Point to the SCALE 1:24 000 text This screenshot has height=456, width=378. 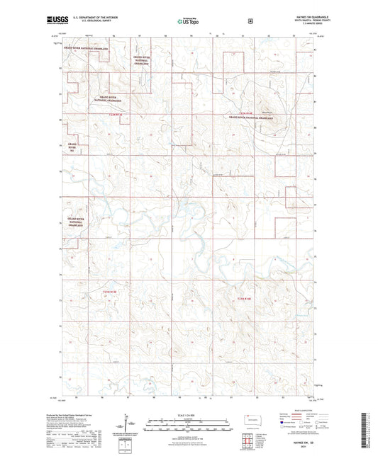coord(189,414)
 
